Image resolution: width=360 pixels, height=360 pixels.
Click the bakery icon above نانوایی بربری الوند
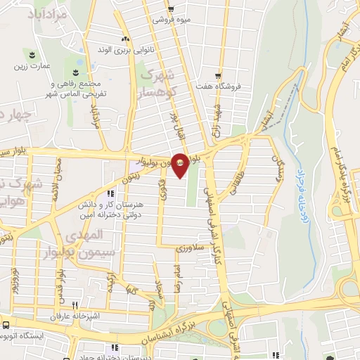coord(125,39)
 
